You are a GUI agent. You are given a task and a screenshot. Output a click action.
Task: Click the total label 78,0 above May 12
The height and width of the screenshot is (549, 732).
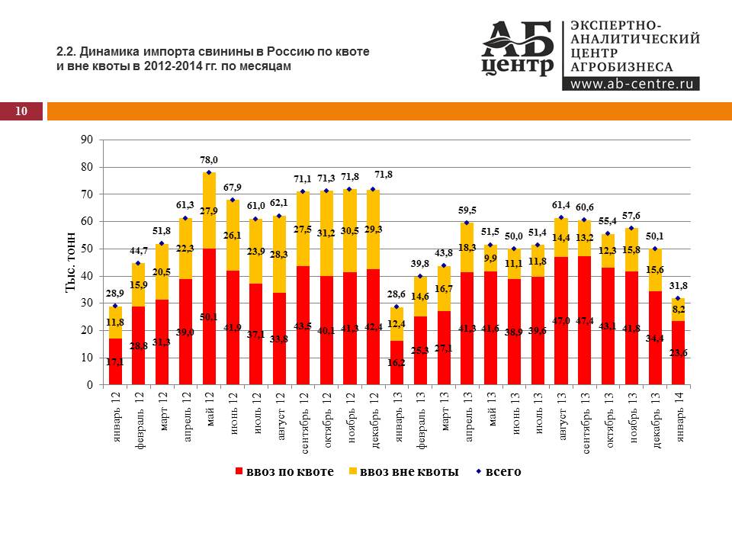(209, 160)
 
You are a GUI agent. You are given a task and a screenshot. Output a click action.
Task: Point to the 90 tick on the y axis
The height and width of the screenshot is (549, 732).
(88, 140)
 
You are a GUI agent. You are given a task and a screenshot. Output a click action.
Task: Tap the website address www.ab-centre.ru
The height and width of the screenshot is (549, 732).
(630, 84)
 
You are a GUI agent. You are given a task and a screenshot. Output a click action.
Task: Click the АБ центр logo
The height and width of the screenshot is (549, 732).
(518, 49)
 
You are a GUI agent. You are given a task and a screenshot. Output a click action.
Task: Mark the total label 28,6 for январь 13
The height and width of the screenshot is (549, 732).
(396, 294)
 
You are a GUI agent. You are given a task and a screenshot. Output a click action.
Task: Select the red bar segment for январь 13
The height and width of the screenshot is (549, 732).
(396, 363)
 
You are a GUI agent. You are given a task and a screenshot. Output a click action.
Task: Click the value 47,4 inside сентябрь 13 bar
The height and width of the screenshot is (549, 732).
(585, 320)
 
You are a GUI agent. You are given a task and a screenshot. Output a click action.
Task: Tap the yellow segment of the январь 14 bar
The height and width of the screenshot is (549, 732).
(679, 310)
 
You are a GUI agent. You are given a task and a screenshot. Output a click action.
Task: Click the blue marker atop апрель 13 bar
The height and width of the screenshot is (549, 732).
(467, 223)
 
